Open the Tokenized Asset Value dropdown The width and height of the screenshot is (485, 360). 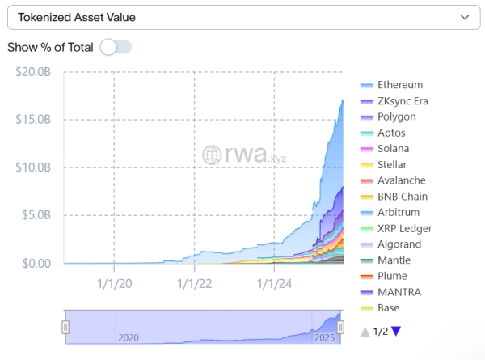242,17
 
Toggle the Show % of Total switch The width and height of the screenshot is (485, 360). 116,47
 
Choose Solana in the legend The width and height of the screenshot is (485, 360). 393,149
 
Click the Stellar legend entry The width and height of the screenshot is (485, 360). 392,164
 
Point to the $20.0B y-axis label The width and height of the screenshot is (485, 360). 34,71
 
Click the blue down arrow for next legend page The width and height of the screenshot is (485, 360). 396,330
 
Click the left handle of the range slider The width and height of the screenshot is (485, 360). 65,327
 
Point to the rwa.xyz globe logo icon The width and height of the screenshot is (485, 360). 212,155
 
